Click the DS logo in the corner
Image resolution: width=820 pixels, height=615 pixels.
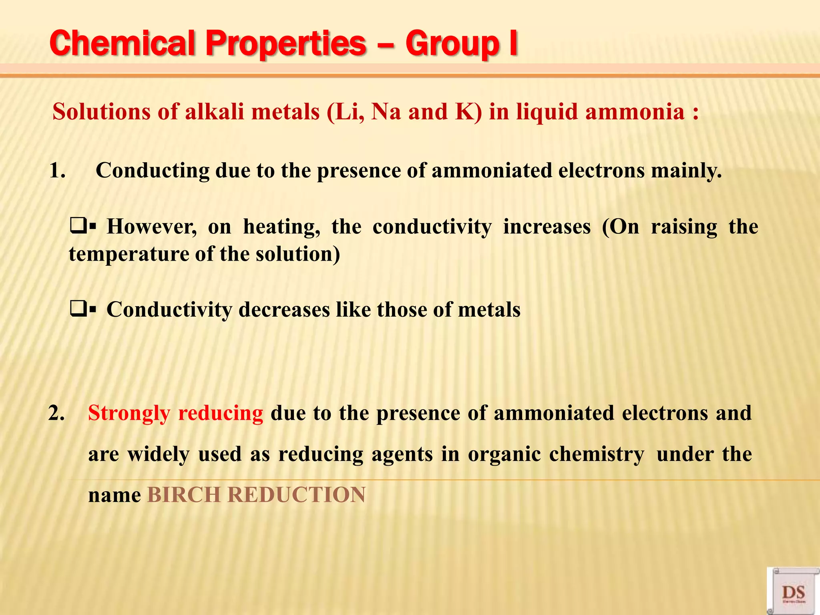pos(793,592)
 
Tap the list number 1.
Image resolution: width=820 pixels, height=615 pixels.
pos(57,171)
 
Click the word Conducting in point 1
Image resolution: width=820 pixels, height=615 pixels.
pos(152,171)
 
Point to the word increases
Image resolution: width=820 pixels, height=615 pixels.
pos(547,227)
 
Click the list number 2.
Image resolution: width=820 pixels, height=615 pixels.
pos(56,413)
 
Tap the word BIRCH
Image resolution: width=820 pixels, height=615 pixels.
pos(184,495)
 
